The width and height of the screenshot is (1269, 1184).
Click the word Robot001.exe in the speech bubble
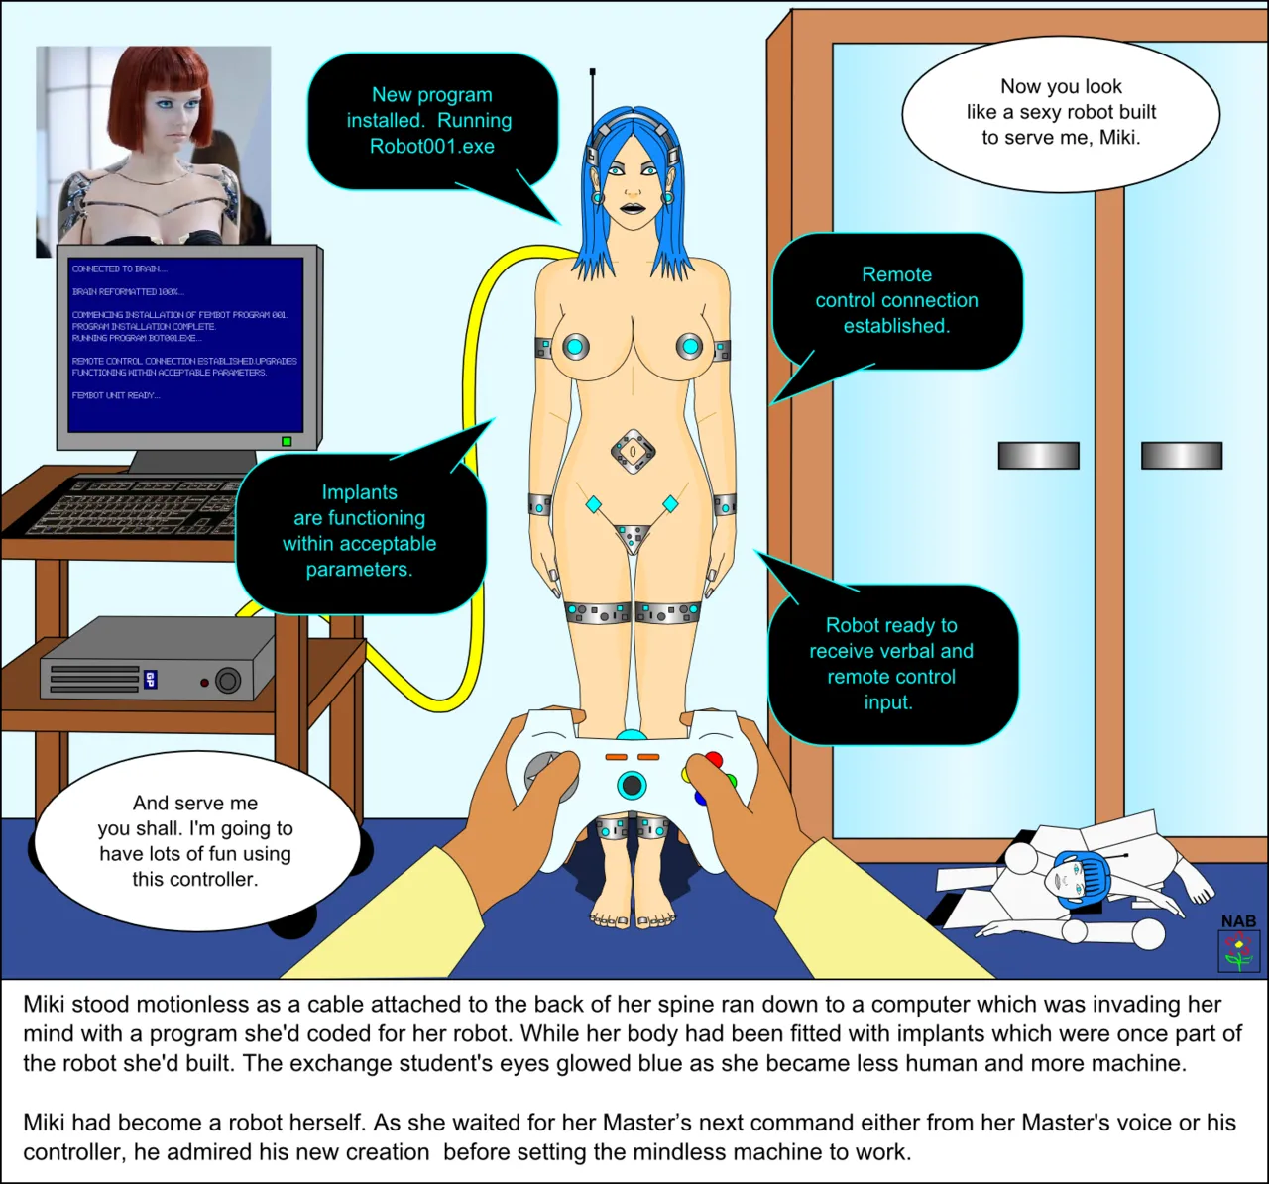pos(431,147)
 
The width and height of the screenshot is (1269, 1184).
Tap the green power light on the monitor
pos(287,441)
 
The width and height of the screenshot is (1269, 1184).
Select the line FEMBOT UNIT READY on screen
pos(115,396)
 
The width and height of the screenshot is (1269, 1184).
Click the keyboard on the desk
pos(149,505)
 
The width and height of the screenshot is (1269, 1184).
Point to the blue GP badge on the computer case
pos(151,680)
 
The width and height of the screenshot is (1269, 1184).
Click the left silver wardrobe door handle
pos(1038,456)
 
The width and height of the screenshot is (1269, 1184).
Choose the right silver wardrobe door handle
pos(1181,456)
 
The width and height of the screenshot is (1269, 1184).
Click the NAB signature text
pos(1238,921)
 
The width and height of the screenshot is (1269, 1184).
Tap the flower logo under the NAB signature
pos(1238,951)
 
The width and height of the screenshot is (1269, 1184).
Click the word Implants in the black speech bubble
pos(359,492)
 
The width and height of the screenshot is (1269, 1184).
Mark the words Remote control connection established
pos(896,300)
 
